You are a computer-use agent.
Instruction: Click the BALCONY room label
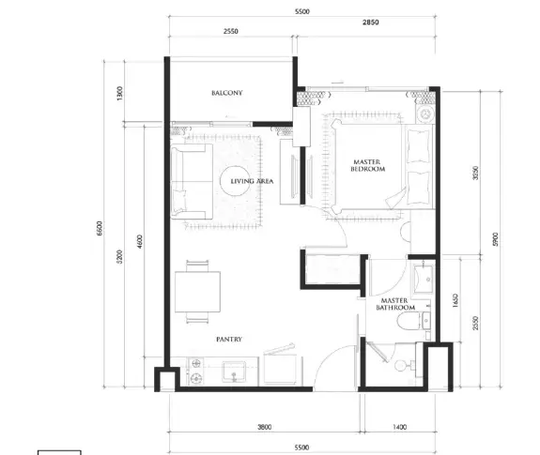click(x=227, y=93)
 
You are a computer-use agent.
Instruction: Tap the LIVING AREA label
click(x=252, y=181)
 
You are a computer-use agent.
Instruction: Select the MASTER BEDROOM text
click(x=367, y=165)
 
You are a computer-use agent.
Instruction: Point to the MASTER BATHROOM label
click(x=395, y=304)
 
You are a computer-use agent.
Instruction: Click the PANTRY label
click(x=229, y=339)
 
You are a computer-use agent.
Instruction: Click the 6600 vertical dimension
click(x=100, y=228)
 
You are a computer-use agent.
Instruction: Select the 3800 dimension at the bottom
click(x=265, y=427)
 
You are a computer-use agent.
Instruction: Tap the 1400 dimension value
click(x=399, y=427)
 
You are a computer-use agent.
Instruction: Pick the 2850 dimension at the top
click(x=371, y=23)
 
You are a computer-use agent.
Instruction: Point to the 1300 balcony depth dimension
click(x=120, y=94)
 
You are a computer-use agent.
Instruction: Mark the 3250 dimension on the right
click(x=475, y=173)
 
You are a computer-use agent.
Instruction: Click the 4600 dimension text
click(x=140, y=242)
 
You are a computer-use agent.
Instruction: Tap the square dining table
click(x=197, y=292)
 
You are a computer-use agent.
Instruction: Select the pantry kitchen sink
click(x=234, y=372)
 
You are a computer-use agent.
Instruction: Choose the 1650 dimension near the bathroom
click(x=455, y=300)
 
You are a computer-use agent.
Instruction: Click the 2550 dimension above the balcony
click(x=230, y=31)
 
